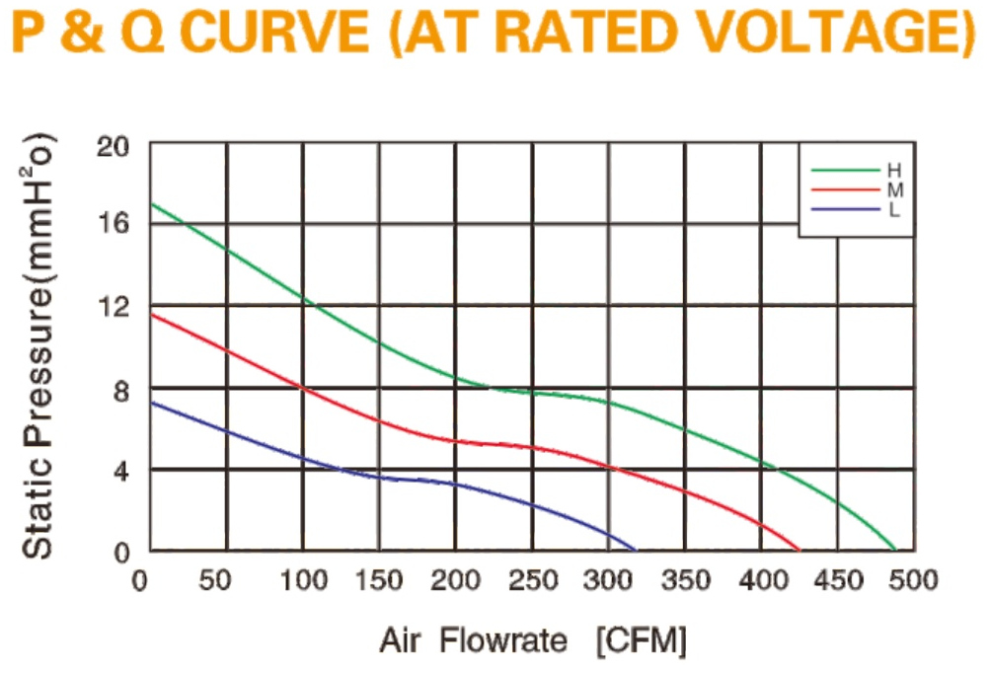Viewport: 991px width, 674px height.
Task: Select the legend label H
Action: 894,170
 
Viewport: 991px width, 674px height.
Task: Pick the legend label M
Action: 895,189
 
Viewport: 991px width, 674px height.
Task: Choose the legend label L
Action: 893,210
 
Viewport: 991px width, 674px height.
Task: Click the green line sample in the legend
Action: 846,170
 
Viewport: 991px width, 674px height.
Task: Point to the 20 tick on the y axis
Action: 113,147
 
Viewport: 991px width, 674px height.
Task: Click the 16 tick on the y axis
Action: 113,223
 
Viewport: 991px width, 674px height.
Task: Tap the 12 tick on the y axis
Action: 113,307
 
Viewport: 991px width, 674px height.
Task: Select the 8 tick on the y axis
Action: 120,392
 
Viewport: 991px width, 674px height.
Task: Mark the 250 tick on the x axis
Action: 533,580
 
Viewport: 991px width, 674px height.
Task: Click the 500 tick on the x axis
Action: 913,580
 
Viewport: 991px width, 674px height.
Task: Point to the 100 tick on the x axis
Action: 303,580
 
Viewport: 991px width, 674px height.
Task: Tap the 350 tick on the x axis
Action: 686,580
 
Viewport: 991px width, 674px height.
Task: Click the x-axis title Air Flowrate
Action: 474,640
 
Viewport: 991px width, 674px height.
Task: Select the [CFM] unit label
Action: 642,641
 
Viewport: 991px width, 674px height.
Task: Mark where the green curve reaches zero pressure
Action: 895,550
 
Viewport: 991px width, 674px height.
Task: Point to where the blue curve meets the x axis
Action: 636,550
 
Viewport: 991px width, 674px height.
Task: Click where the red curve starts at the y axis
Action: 151,314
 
